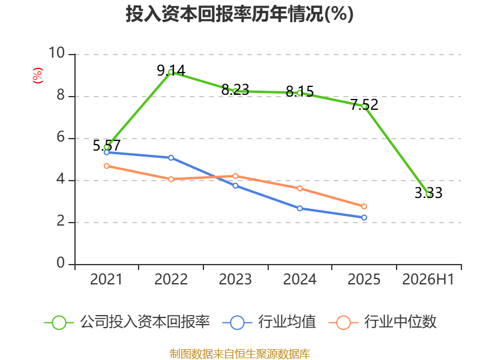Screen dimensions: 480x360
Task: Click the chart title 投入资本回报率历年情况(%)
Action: (x=239, y=14)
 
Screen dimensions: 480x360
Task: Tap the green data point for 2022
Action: (x=171, y=72)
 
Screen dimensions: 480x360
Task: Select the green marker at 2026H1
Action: (x=428, y=194)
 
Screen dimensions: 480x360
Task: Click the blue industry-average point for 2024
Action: (x=299, y=208)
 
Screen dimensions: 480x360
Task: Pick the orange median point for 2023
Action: (x=235, y=176)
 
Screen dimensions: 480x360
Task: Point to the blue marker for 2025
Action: (x=364, y=218)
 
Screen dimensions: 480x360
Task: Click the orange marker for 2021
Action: (x=107, y=166)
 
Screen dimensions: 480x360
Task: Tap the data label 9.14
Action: (x=171, y=71)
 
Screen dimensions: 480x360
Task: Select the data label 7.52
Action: (x=364, y=104)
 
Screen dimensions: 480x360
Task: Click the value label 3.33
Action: (x=428, y=193)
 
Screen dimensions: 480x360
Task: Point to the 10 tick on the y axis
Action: (x=57, y=53)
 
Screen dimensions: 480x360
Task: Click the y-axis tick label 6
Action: (x=61, y=137)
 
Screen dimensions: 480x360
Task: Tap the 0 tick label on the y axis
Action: (x=61, y=263)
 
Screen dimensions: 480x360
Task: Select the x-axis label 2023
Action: (x=235, y=279)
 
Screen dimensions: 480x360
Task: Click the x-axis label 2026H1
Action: (x=428, y=279)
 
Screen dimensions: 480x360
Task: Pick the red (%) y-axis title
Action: (x=38, y=76)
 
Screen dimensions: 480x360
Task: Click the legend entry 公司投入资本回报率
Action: (x=127, y=322)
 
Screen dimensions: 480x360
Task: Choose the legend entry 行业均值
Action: (x=269, y=322)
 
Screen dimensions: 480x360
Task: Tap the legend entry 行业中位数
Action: (x=383, y=322)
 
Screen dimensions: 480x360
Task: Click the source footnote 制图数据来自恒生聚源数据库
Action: (x=240, y=354)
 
